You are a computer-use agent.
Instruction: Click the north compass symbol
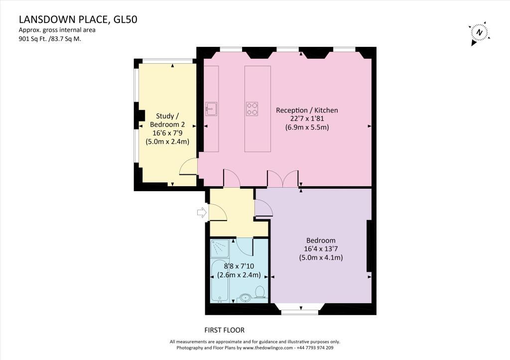coord(479,32)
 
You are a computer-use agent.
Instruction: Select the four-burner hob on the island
coord(253,109)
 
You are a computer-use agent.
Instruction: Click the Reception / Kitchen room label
coord(307,110)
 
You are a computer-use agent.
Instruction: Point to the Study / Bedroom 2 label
coord(167,120)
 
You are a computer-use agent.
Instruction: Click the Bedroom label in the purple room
coord(321,240)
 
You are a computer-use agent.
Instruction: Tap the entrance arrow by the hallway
coord(202,213)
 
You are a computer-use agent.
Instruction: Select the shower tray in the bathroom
coord(220,247)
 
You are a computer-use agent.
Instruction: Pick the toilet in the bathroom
coord(259,291)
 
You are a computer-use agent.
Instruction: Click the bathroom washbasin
coord(245,298)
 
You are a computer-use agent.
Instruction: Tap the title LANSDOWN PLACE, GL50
coord(78,20)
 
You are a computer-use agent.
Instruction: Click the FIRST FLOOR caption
coord(225,330)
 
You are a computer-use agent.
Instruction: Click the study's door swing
coord(188,167)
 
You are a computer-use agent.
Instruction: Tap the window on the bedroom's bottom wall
coord(299,312)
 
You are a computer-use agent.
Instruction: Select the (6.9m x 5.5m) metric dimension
coord(307,127)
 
